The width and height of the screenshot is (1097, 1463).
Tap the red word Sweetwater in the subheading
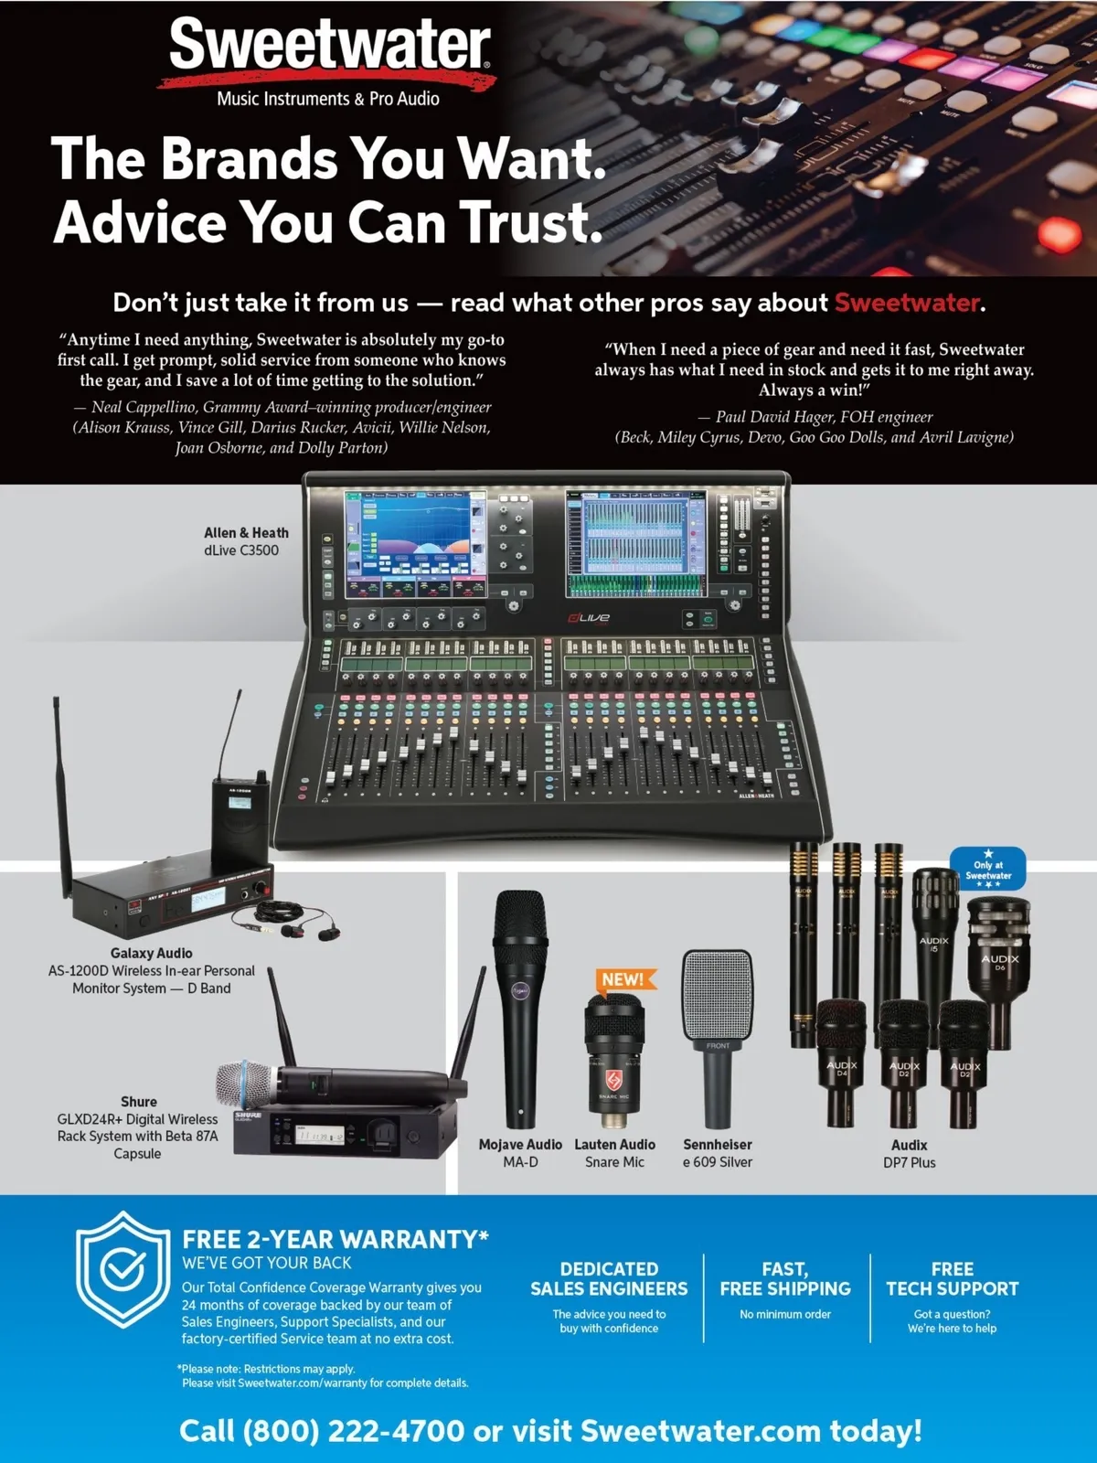click(907, 304)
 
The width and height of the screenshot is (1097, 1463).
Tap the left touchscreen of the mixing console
click(414, 543)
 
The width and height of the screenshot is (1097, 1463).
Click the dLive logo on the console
click(589, 618)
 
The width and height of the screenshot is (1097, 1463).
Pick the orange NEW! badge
click(624, 979)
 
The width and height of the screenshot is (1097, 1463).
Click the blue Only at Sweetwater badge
click(988, 870)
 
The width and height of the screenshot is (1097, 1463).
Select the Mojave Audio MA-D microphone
click(520, 1008)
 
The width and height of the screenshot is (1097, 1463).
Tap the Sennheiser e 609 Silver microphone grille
click(718, 995)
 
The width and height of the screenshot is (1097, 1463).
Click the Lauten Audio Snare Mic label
click(614, 1153)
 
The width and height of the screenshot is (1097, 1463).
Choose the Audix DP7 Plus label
click(910, 1154)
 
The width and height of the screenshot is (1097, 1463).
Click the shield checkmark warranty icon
click(122, 1270)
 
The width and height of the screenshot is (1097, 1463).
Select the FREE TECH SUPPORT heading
click(952, 1279)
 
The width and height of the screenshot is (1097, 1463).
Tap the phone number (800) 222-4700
click(355, 1430)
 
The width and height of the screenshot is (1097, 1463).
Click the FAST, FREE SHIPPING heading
click(785, 1279)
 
